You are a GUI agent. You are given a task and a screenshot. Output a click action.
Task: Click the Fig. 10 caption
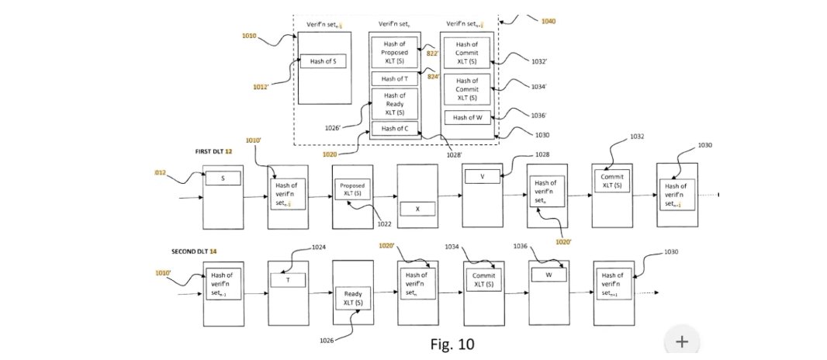452,343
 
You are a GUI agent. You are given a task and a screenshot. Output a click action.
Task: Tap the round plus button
682,341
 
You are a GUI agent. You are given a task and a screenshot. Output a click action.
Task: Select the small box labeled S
223,178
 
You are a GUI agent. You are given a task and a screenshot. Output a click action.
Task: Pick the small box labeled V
482,176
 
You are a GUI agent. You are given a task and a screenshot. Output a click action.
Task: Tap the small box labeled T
288,281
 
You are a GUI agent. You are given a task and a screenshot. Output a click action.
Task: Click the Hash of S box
323,61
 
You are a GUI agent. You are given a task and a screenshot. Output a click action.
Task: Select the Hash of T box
395,78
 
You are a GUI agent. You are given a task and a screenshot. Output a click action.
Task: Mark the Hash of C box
395,129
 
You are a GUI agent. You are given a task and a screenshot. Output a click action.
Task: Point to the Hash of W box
468,118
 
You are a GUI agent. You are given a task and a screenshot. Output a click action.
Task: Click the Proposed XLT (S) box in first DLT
352,190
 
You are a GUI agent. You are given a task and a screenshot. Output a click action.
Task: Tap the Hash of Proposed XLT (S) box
395,53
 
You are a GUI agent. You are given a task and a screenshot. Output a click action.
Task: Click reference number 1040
547,21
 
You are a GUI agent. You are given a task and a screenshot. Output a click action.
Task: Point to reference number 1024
318,247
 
